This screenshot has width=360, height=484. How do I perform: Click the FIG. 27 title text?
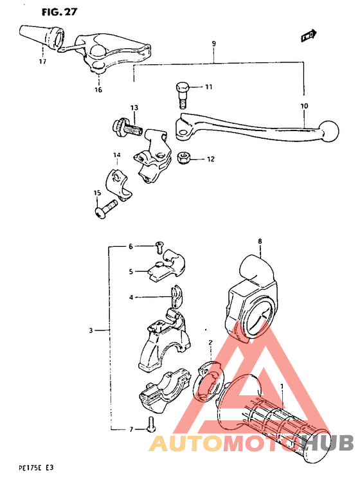pos(55,11)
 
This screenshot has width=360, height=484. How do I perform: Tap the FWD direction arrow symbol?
pos(309,36)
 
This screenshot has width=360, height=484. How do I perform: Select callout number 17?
pos(42,62)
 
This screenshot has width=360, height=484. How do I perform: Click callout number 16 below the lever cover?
pos(98,91)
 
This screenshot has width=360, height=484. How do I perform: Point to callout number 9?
pos(213,44)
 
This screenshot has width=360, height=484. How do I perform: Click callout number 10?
pos(303,106)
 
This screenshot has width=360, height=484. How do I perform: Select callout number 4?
pos(131,298)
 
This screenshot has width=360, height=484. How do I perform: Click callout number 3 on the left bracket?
pos(91,330)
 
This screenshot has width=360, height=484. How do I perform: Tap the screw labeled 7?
pos(150,424)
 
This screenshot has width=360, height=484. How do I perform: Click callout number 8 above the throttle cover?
pos(260,241)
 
